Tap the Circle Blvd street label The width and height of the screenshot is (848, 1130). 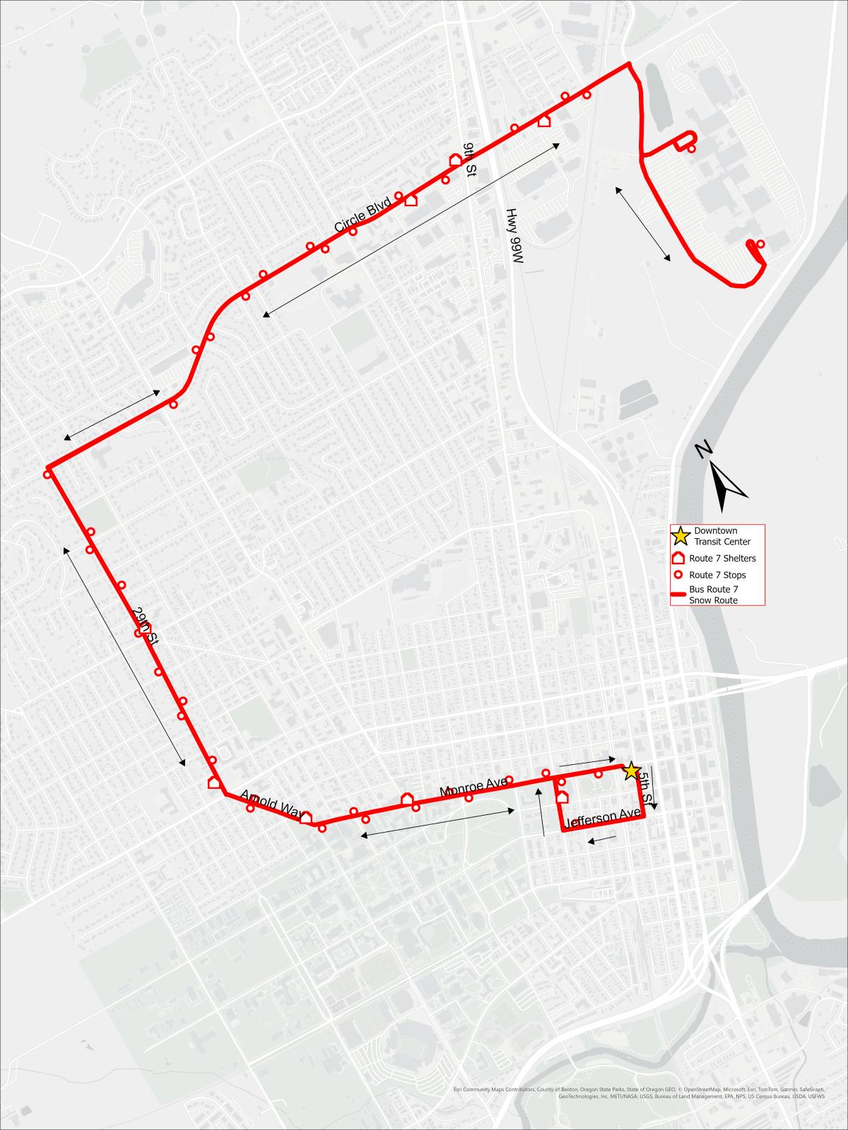363,217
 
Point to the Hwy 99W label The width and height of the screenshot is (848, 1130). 513,236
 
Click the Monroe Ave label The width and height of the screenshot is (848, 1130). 473,787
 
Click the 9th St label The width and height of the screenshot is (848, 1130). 469,156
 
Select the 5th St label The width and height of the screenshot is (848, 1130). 643,782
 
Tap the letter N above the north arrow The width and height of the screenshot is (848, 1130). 702,449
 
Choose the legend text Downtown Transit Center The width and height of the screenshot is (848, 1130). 715,536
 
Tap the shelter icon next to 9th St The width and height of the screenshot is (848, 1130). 456,160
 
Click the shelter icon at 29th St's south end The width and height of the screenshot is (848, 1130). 213,782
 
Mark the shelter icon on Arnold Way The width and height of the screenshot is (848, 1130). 306,817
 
